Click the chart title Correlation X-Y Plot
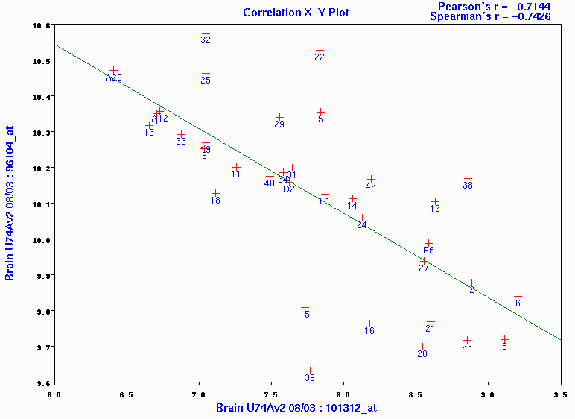(x=296, y=13)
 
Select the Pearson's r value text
(x=498, y=6)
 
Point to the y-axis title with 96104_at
(x=10, y=203)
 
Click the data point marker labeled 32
(x=206, y=34)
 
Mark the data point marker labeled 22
(x=320, y=51)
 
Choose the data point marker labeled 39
(x=310, y=371)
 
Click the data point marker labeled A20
(x=113, y=70)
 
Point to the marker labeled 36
(x=468, y=178)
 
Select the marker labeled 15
(x=305, y=307)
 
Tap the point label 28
(x=422, y=354)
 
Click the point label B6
(x=428, y=251)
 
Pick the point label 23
(x=467, y=347)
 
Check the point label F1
(x=325, y=201)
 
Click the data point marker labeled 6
(x=518, y=296)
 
